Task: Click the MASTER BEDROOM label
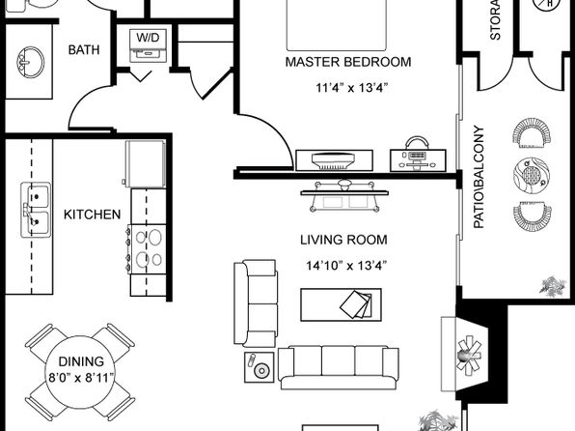click(x=348, y=62)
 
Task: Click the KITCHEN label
click(x=92, y=214)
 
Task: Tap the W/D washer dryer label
click(x=149, y=39)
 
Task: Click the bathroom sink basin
click(x=30, y=65)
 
